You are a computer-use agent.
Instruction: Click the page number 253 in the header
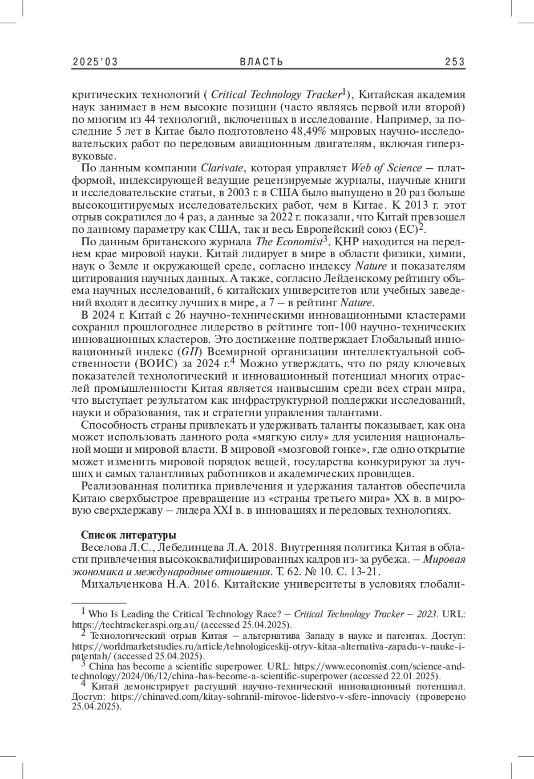(x=455, y=62)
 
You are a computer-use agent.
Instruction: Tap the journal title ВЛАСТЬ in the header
(x=262, y=62)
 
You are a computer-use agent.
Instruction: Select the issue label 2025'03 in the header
(x=95, y=62)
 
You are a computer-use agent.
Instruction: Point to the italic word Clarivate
(x=222, y=168)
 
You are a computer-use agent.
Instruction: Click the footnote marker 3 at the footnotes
(x=83, y=664)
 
